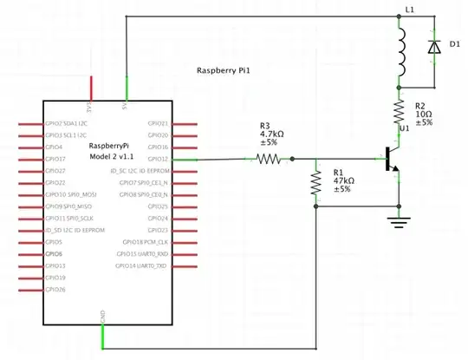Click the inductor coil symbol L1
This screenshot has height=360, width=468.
(401, 55)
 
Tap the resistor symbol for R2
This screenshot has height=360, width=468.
(400, 111)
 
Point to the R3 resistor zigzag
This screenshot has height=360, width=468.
(268, 159)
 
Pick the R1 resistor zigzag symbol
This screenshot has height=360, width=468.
(315, 183)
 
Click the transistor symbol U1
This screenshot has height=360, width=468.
(391, 160)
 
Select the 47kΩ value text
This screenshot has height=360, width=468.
(341, 180)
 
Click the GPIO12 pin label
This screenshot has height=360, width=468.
(158, 160)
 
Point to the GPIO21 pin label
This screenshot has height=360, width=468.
(158, 123)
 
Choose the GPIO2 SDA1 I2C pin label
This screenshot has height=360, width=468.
(66, 123)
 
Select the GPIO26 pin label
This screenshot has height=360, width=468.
(55, 289)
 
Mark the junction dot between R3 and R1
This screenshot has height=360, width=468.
(292, 159)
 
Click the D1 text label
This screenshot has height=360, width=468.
(454, 43)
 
